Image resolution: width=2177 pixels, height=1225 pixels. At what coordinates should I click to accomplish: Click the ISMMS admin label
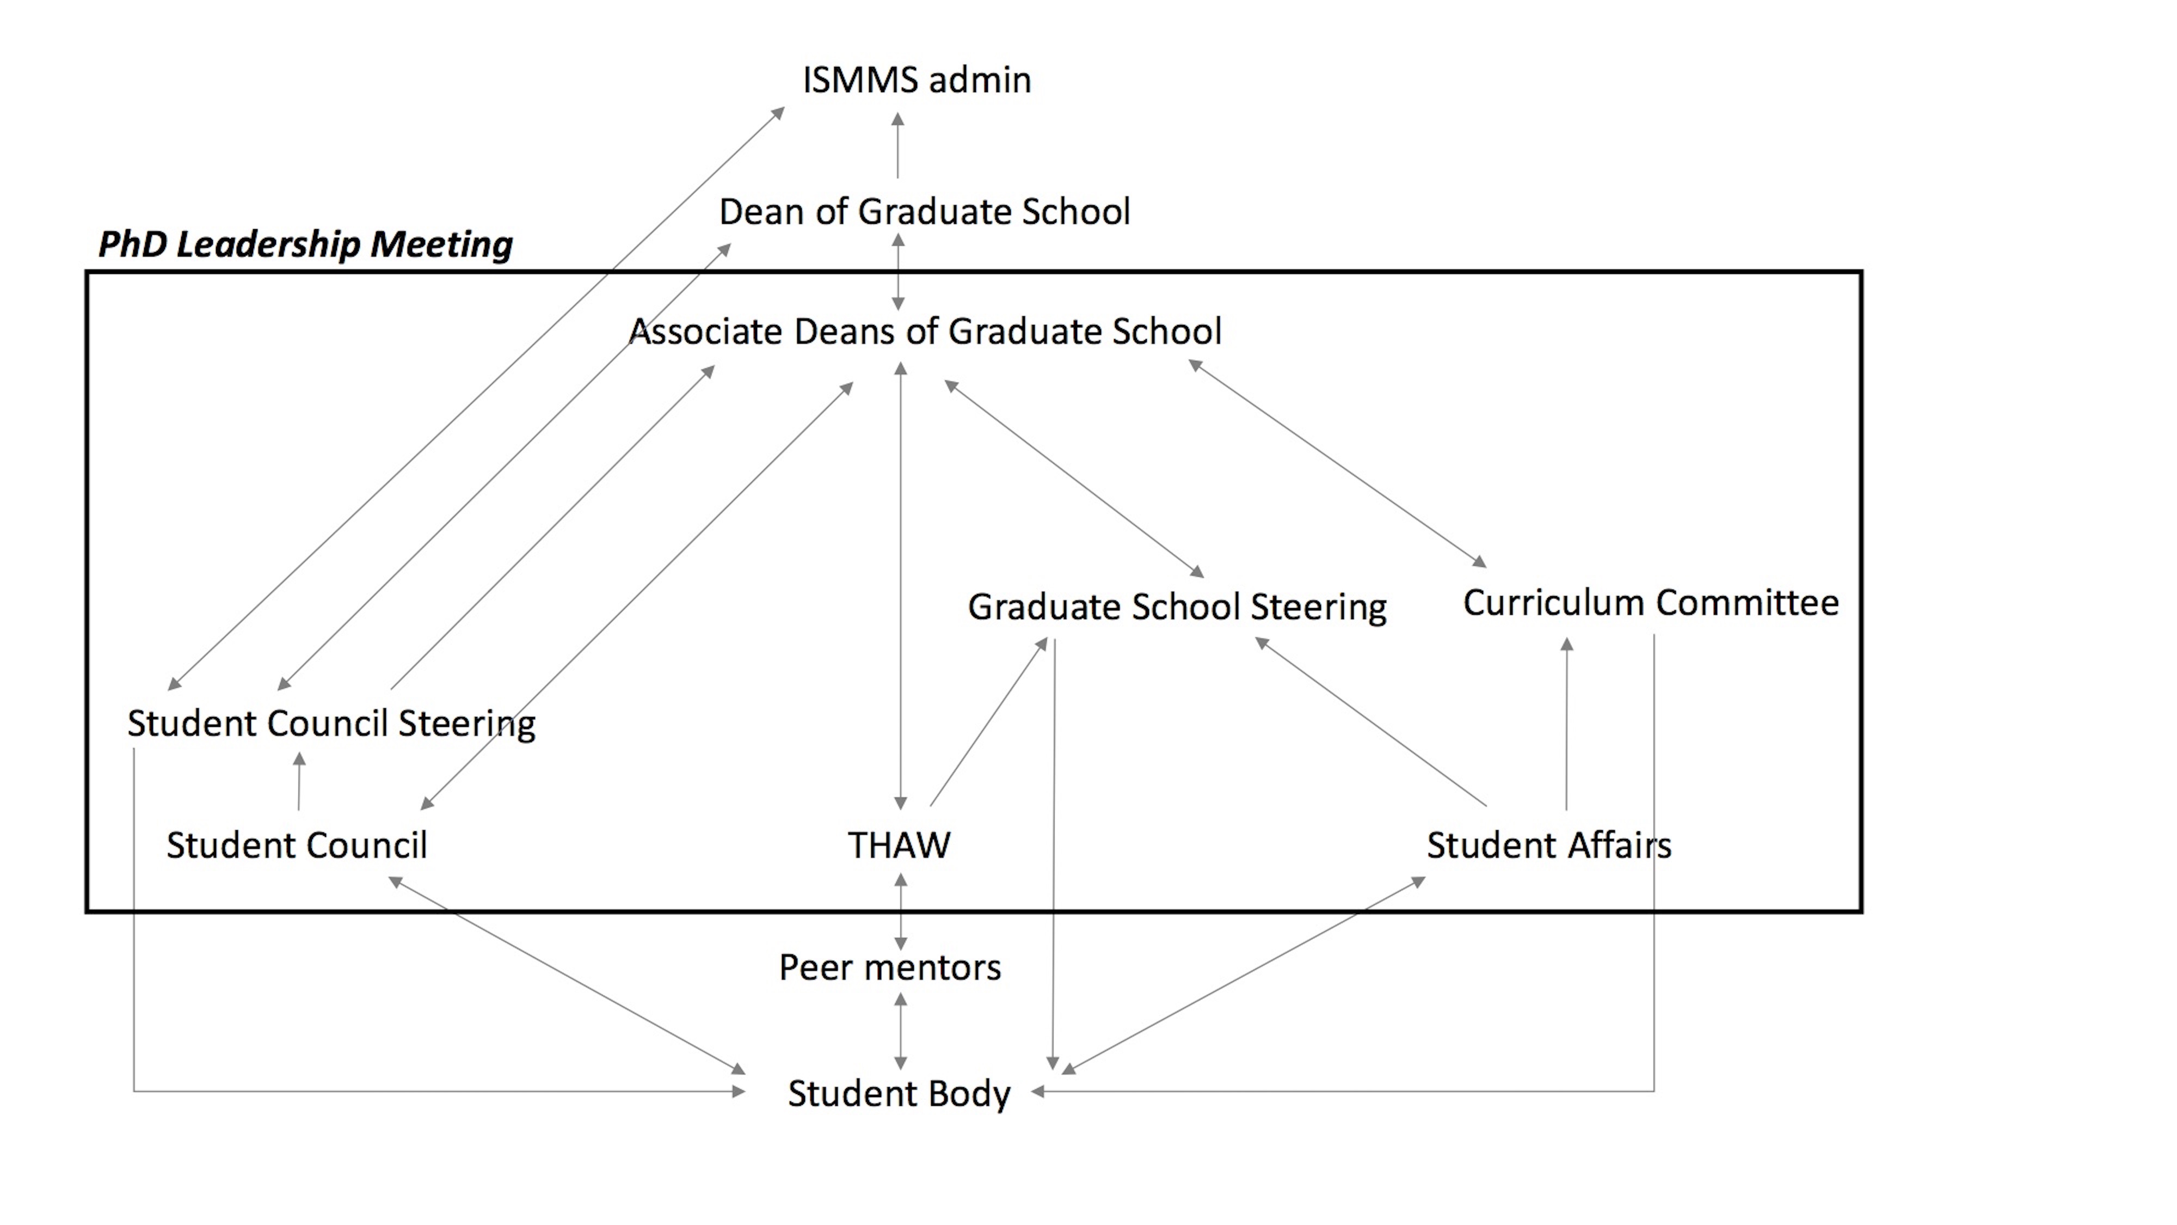click(917, 81)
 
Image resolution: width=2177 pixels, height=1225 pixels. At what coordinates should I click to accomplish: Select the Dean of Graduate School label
click(925, 211)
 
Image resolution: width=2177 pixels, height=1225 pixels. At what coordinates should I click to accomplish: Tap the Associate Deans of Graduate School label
click(925, 332)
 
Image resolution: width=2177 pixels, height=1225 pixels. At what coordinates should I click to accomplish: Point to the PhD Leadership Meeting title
click(305, 244)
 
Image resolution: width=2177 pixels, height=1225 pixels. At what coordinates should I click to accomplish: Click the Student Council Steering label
click(331, 724)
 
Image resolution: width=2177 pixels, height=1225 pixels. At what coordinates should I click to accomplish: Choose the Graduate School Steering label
click(1176, 607)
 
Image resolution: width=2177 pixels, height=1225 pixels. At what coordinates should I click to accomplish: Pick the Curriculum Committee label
click(1651, 603)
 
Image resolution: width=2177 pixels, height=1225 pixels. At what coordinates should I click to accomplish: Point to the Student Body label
click(899, 1094)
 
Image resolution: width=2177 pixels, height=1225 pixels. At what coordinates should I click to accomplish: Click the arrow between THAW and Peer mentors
click(901, 911)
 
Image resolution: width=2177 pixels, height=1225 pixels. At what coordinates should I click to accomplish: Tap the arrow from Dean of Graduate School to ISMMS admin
click(897, 145)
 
